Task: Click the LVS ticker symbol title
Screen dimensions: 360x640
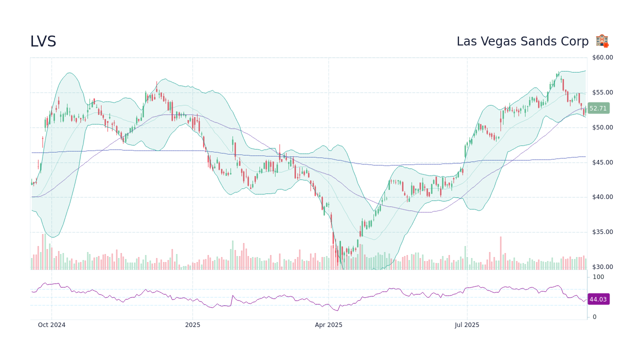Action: click(x=43, y=41)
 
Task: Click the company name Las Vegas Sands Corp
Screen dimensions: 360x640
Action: click(x=522, y=41)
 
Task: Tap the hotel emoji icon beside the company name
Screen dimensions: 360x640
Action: click(x=602, y=41)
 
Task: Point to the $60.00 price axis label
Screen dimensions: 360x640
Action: click(x=602, y=57)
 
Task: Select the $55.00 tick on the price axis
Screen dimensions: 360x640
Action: click(x=602, y=92)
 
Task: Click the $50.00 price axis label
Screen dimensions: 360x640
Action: click(x=602, y=127)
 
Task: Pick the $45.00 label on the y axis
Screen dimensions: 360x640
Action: click(x=602, y=162)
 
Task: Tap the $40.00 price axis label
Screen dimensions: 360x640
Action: click(x=602, y=197)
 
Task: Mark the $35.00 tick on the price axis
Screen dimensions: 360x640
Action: click(x=602, y=232)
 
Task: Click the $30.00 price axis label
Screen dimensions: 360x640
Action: click(x=602, y=267)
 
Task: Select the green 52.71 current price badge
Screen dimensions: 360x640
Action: click(x=598, y=108)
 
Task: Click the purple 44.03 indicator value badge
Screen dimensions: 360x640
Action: click(x=598, y=299)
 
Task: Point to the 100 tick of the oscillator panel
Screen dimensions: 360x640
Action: click(x=598, y=277)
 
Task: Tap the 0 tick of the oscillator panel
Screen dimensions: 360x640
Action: click(x=594, y=317)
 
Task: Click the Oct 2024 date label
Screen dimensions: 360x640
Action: click(x=51, y=325)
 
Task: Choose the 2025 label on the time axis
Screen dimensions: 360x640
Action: click(x=192, y=325)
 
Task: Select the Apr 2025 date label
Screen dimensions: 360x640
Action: click(x=328, y=325)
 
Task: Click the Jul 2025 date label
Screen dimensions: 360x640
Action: click(x=467, y=325)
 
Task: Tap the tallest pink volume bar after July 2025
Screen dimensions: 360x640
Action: click(x=500, y=253)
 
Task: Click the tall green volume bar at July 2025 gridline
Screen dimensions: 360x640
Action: click(x=465, y=258)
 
